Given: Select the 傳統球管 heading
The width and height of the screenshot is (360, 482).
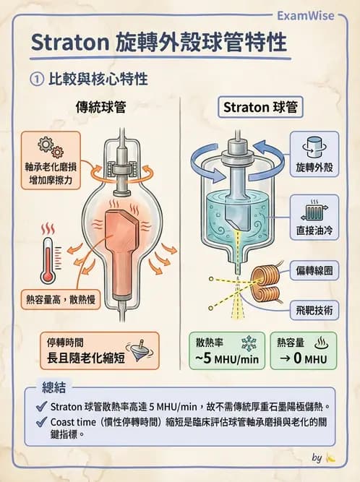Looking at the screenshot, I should [x=101, y=108].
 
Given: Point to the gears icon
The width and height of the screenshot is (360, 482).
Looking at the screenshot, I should [x=50, y=147].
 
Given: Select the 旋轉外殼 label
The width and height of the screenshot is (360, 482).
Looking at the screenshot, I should [x=314, y=167].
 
